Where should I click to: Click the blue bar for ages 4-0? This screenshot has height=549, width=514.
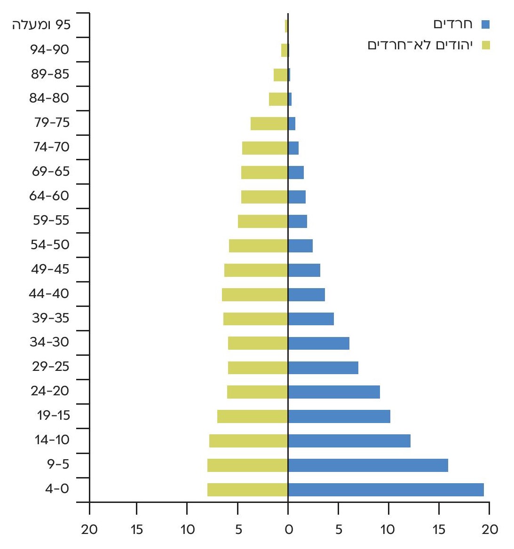[x=386, y=490]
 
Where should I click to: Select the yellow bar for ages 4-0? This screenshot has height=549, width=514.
[x=247, y=490]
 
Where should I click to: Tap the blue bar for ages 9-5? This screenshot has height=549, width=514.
[x=368, y=465]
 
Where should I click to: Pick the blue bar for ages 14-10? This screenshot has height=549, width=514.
[x=349, y=441]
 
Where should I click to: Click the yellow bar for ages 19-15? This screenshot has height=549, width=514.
[x=253, y=416]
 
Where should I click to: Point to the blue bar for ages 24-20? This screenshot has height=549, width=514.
[x=334, y=392]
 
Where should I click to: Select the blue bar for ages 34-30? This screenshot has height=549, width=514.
[x=318, y=343]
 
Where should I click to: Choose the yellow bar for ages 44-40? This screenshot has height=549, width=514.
[x=255, y=294]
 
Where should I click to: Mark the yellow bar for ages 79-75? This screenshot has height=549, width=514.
[x=269, y=124]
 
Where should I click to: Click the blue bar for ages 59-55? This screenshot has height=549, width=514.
[x=297, y=221]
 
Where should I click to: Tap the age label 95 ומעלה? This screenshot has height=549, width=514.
[x=41, y=25]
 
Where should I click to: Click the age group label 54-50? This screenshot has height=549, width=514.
[x=50, y=244]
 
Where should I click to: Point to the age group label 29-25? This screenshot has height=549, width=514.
[x=50, y=366]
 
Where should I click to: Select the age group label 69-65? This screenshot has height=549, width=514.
[x=50, y=171]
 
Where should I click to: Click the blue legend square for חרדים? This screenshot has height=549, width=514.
[x=486, y=24]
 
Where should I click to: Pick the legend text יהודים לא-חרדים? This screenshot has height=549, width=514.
[x=420, y=45]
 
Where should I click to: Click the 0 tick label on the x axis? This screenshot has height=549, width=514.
[x=288, y=530]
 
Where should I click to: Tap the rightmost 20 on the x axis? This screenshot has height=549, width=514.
[x=490, y=530]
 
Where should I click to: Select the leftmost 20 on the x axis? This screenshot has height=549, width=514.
[x=89, y=530]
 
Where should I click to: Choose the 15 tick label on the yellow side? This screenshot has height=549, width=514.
[x=136, y=530]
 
